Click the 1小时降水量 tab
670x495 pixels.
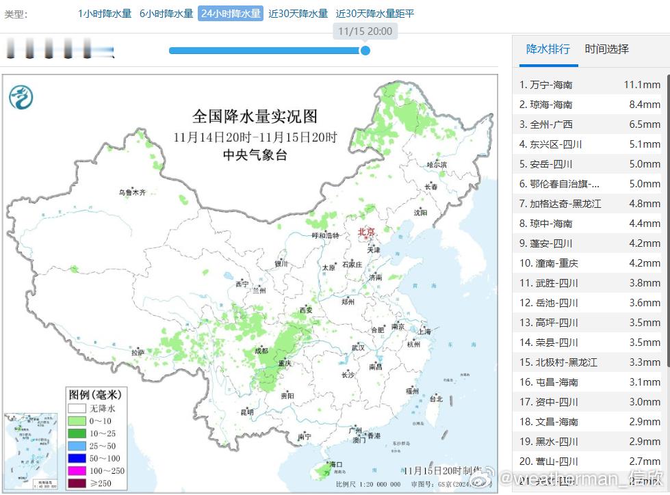(105, 14)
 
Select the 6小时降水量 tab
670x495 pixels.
(166, 14)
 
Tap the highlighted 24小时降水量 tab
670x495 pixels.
(231, 14)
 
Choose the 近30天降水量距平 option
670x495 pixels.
(375, 14)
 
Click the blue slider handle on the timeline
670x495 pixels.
(365, 50)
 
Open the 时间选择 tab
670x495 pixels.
(606, 49)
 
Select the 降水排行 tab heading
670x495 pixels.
(547, 49)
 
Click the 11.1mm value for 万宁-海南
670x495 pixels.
(641, 85)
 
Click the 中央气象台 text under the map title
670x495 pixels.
(255, 155)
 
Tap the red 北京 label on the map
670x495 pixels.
(367, 232)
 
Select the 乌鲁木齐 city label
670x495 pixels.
(132, 192)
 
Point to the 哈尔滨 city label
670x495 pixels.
(436, 165)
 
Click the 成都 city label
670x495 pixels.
(261, 351)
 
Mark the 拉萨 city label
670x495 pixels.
(138, 353)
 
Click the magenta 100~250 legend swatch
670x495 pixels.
(76, 470)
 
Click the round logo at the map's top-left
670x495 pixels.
(21, 98)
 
